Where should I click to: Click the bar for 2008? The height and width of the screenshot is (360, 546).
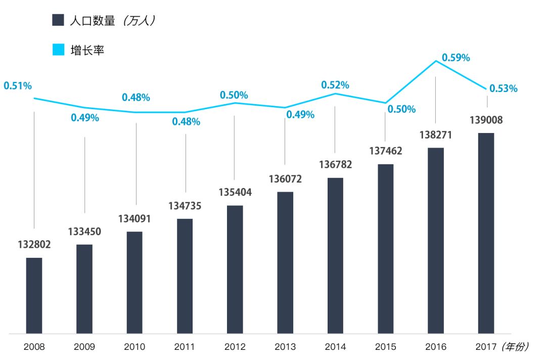point(34,296)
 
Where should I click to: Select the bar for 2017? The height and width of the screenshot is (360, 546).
point(486,233)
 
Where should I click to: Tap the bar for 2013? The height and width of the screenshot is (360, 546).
point(285,263)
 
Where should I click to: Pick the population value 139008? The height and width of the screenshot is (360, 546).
point(486,120)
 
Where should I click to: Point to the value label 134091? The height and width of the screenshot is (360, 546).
point(134,219)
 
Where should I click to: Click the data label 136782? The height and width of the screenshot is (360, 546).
point(336,165)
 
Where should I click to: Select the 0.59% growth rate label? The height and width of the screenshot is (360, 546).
point(456,58)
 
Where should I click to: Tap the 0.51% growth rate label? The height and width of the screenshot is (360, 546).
point(18,85)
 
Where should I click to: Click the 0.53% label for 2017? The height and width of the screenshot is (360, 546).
point(504,88)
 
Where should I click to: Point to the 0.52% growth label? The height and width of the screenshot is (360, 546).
point(335,85)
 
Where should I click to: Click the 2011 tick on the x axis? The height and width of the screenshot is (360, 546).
point(185,347)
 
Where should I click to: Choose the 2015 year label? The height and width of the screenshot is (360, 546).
point(386,347)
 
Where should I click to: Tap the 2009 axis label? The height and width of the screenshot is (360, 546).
point(84,347)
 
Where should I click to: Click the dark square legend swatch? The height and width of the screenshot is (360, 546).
point(58,20)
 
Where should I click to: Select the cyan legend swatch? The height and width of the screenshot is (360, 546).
point(58,50)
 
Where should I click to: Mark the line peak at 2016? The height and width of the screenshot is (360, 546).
point(436,61)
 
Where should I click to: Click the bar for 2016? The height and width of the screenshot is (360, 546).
point(436,241)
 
